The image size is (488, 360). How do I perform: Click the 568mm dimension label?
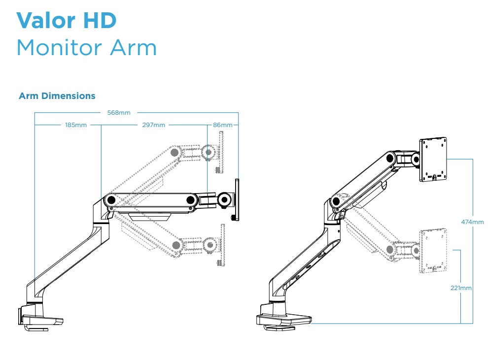[x=119, y=113]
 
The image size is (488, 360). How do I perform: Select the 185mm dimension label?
[x=76, y=125]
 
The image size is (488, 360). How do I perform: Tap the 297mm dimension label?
[x=153, y=125]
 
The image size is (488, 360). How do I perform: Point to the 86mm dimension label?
[x=222, y=125]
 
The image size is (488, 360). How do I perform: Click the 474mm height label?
[x=472, y=222]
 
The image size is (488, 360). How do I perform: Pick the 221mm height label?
[x=461, y=288]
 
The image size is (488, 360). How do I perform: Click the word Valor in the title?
[x=46, y=20]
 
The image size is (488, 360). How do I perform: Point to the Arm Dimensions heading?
[x=57, y=96]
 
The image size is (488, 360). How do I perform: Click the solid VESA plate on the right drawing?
[x=434, y=159]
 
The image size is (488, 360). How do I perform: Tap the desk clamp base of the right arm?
[x=283, y=320]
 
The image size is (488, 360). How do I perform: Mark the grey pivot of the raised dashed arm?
[x=174, y=152]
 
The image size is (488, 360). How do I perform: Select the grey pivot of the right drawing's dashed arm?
[x=390, y=250]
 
